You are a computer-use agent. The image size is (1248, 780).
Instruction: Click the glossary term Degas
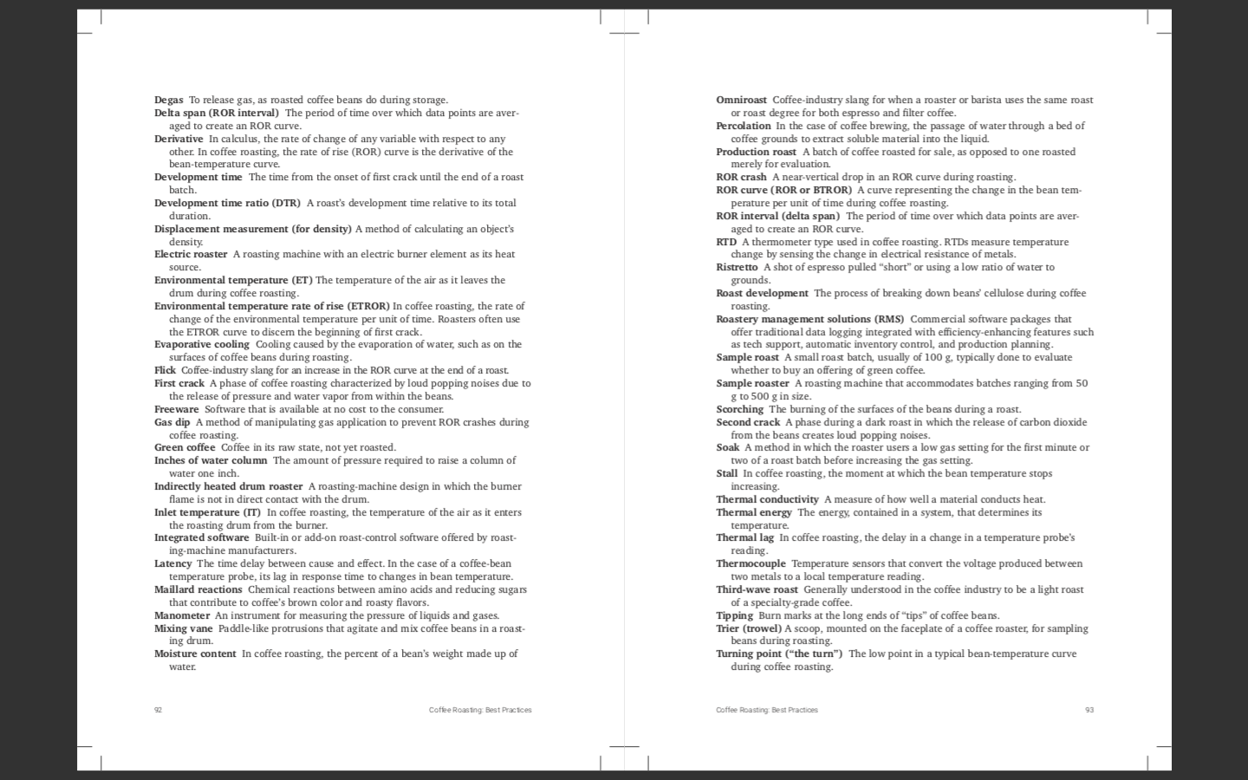168,100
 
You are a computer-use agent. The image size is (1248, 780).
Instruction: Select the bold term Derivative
179,139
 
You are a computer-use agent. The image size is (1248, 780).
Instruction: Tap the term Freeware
176,409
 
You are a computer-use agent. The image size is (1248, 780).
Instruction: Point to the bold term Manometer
182,615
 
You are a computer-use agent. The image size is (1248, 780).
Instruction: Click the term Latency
172,563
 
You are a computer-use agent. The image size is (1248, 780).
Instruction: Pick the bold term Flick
165,370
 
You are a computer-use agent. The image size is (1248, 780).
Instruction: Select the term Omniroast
741,100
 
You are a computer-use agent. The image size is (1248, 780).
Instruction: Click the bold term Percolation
743,126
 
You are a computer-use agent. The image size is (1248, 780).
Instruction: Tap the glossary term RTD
725,242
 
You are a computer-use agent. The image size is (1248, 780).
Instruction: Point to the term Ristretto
737,267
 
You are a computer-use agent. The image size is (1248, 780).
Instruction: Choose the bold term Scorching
739,409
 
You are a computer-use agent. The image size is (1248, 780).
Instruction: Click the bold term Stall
726,473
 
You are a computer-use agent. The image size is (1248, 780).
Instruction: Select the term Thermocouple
751,563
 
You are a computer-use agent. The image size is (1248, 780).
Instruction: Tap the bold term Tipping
734,615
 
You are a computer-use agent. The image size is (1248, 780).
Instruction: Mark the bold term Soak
727,447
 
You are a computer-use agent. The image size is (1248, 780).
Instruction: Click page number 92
158,710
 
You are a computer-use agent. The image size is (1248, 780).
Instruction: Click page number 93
1089,710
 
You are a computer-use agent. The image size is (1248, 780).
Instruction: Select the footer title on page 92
480,710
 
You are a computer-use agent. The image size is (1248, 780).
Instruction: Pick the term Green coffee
185,447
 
